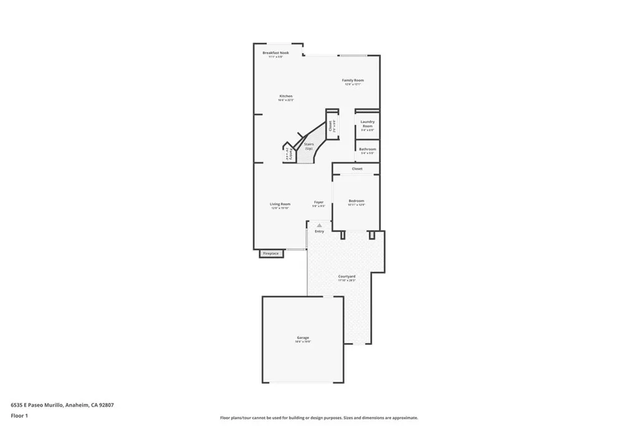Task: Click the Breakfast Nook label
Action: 275,53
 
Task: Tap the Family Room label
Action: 353,80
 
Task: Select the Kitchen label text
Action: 285,96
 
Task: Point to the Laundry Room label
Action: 368,123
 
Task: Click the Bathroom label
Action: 368,149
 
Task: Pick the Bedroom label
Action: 356,201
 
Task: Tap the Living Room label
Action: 280,204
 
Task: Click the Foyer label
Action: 318,202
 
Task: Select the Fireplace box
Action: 270,253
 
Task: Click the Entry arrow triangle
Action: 320,225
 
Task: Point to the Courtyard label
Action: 347,276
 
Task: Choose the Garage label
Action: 303,338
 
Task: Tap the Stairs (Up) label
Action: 309,146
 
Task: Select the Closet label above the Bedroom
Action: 357,168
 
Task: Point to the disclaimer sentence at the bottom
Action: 319,418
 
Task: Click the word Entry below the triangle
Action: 320,231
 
